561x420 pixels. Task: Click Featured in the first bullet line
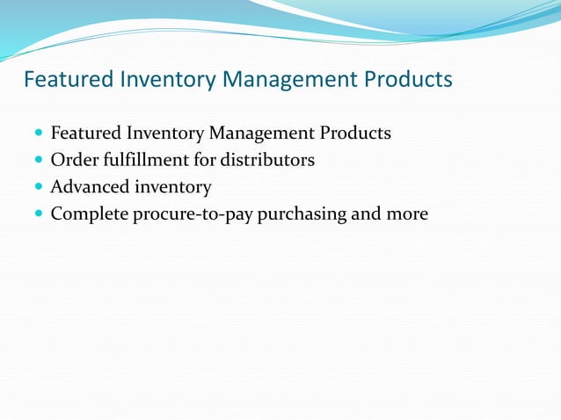[x=85, y=134]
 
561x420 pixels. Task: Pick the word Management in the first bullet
[x=262, y=134]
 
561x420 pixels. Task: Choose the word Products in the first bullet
[x=355, y=134]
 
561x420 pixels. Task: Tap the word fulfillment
[x=144, y=161]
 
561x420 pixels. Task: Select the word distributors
[x=267, y=161]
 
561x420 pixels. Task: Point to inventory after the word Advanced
[x=172, y=187]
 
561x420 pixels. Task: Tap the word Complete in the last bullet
[x=89, y=214]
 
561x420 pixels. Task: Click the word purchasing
[x=302, y=214]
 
